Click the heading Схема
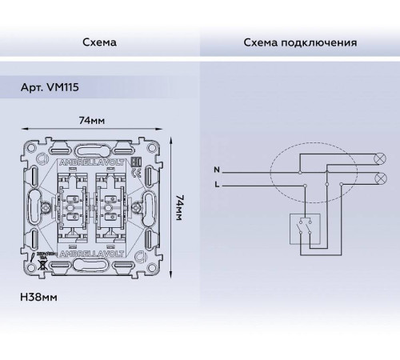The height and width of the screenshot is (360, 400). pyautogui.click(x=99, y=41)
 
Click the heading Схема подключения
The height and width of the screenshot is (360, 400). pyautogui.click(x=299, y=41)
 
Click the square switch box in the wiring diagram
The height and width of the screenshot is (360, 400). pyautogui.click(x=304, y=230)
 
